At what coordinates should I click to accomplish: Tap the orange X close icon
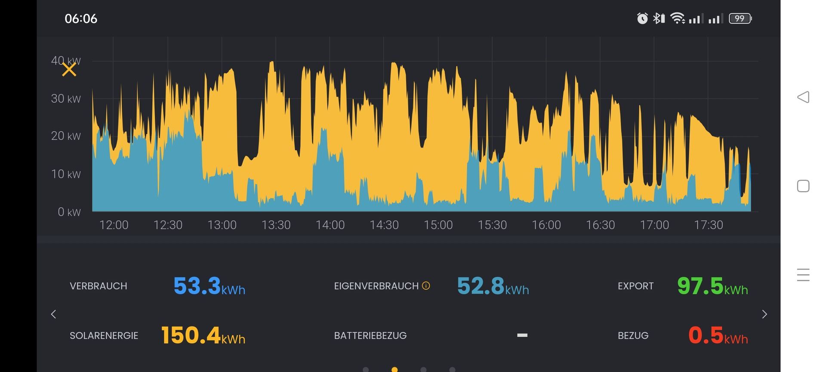coord(69,69)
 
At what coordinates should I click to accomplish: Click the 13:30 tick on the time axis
coord(276,225)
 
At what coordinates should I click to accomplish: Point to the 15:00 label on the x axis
coord(438,225)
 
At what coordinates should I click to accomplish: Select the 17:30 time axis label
coord(709,225)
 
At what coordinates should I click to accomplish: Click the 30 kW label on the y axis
coord(66,99)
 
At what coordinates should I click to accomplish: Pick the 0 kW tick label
coord(69,212)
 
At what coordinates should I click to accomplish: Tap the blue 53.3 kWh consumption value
coord(209,286)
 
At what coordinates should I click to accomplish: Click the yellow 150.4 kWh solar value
coord(203,335)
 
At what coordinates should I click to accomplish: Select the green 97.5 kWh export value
coord(712,286)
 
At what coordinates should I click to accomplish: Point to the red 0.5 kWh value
coord(718,335)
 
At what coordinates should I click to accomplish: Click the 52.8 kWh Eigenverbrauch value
coord(493,286)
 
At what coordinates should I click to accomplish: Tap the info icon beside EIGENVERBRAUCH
coord(426,285)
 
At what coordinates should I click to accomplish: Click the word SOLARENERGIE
coord(104,336)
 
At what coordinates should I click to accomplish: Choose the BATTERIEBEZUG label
coord(370,336)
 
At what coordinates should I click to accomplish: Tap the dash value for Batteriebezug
coord(522,335)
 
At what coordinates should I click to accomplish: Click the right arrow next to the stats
coord(764,314)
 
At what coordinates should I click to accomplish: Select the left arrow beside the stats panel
coord(53,314)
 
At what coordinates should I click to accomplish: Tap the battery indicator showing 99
coord(740,19)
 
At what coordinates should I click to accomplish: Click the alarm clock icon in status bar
coord(642,18)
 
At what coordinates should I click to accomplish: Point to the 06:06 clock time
coord(81,19)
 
